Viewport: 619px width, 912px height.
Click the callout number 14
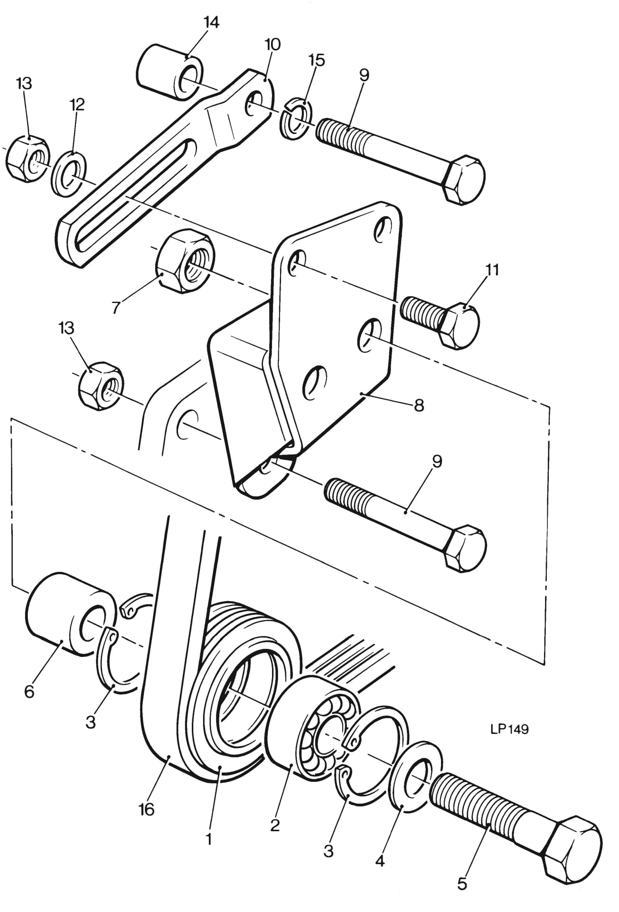tap(211, 22)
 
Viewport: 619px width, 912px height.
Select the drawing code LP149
tap(509, 729)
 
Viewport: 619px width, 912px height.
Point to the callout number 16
tap(147, 810)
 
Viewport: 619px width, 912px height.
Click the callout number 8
tap(419, 406)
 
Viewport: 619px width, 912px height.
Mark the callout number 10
tap(272, 45)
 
